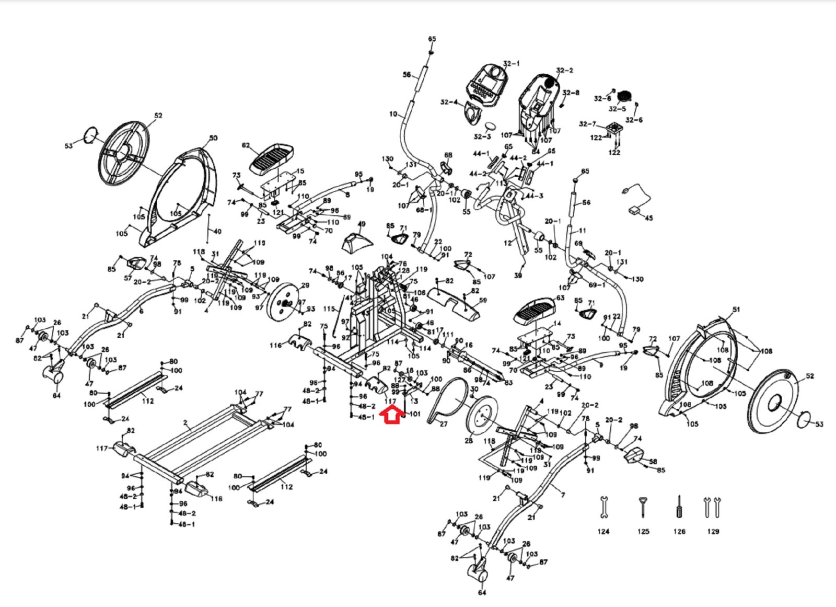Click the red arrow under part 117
pyautogui.click(x=391, y=416)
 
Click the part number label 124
pyautogui.click(x=603, y=531)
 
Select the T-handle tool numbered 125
pyautogui.click(x=642, y=507)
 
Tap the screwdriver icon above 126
pyautogui.click(x=679, y=506)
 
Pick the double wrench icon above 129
pyautogui.click(x=712, y=507)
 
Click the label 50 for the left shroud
pyautogui.click(x=213, y=138)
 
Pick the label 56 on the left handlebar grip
pyautogui.click(x=407, y=75)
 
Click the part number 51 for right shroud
pyautogui.click(x=736, y=310)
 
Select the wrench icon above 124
pyautogui.click(x=603, y=507)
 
